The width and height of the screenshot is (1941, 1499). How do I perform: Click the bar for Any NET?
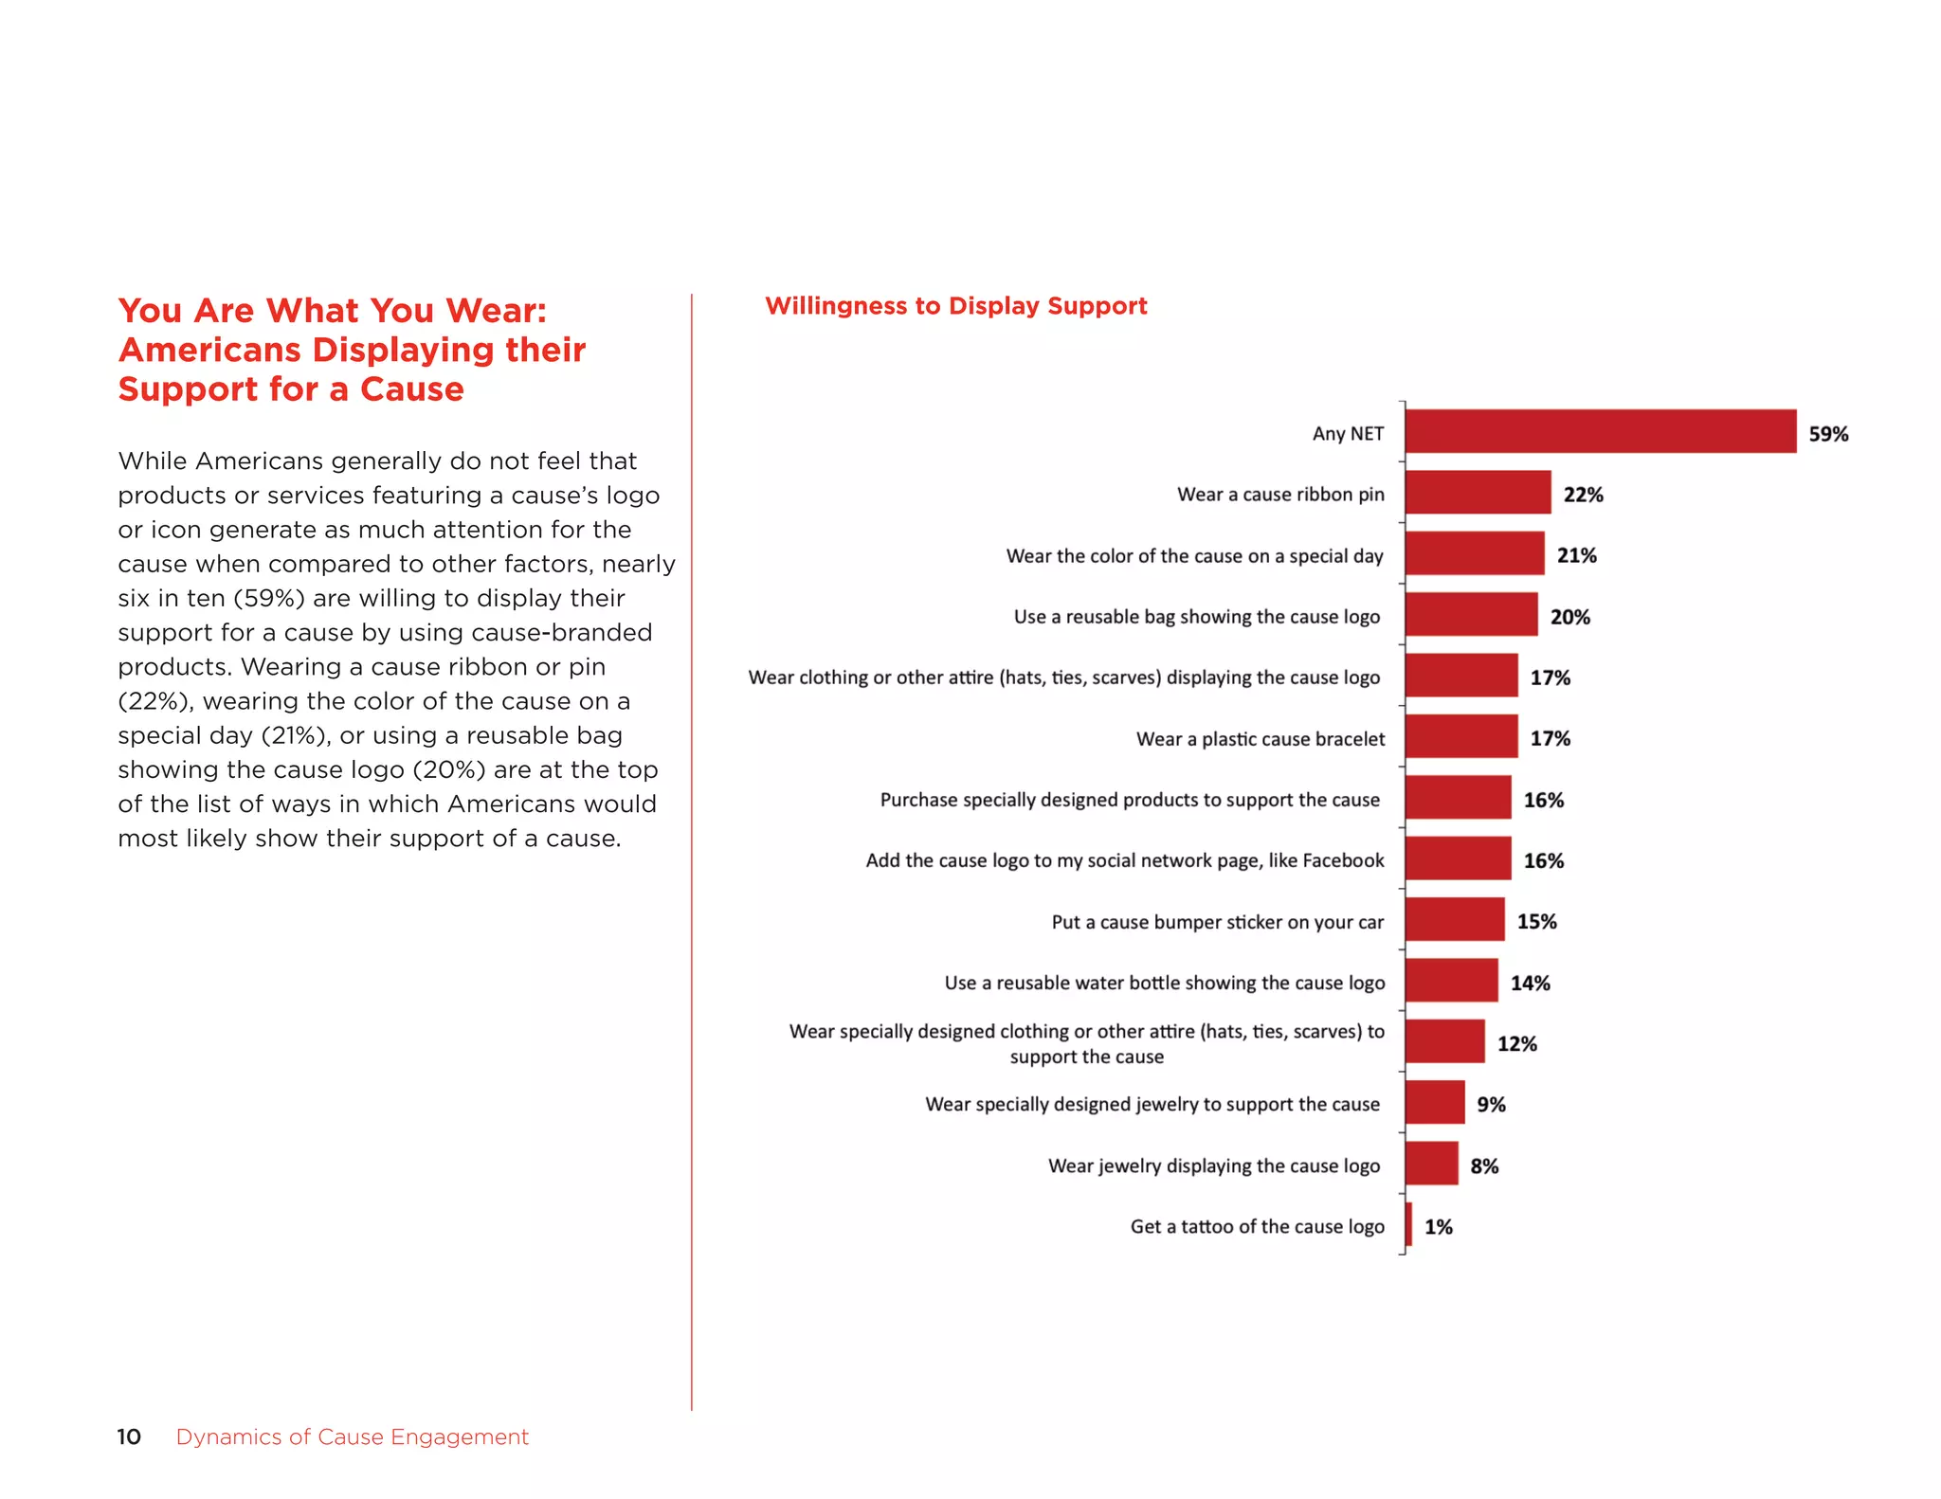(x=1600, y=431)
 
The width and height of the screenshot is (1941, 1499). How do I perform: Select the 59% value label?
(x=1828, y=434)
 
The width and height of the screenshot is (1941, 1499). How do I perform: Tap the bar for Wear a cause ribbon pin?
(x=1478, y=493)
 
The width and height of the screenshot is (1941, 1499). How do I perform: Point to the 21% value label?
(x=1576, y=555)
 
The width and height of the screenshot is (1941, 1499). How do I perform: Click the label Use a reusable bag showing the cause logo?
(x=1196, y=617)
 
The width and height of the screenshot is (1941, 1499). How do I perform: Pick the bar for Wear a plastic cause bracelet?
(x=1461, y=736)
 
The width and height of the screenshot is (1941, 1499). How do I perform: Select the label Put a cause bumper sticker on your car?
(x=1217, y=922)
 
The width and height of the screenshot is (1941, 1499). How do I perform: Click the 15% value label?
(x=1536, y=921)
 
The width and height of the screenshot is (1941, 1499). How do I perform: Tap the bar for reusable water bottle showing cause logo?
(x=1451, y=980)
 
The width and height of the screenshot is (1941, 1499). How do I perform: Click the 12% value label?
(x=1516, y=1043)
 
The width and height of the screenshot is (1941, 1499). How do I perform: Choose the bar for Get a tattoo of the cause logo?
(x=1409, y=1224)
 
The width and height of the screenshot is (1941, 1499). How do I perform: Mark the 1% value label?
(x=1438, y=1227)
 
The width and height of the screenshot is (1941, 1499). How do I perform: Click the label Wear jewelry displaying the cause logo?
(x=1213, y=1165)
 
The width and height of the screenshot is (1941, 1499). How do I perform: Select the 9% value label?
(x=1491, y=1105)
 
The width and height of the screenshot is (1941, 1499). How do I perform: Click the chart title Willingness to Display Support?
(x=955, y=306)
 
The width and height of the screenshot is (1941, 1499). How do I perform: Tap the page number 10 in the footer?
(x=129, y=1436)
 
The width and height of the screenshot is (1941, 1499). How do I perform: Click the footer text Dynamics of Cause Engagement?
(x=352, y=1436)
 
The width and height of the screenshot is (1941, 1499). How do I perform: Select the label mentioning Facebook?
(x=1124, y=860)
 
